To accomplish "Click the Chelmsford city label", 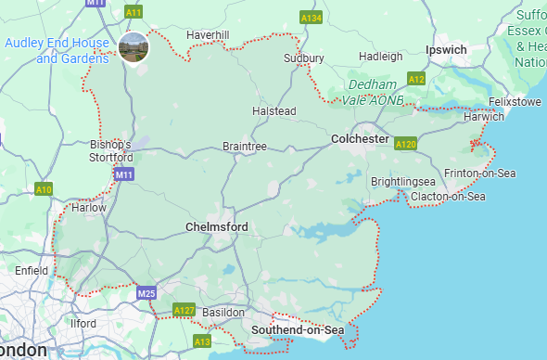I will (x=216, y=227).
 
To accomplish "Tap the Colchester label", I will (x=360, y=138).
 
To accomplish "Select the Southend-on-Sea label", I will (x=298, y=330).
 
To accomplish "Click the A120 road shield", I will (x=405, y=144).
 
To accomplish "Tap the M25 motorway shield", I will (x=146, y=293).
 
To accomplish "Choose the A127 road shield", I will (x=184, y=310).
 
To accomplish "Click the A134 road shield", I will (x=311, y=18).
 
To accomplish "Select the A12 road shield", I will (x=416, y=80).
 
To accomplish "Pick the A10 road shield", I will (x=44, y=189).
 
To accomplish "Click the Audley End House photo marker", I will (x=135, y=45).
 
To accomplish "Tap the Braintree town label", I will (x=245, y=147).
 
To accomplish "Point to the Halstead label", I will (x=273, y=111).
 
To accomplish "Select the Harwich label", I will (x=485, y=117).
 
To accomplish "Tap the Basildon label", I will (x=223, y=313).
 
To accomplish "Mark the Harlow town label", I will (x=89, y=208).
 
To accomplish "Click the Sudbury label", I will (x=304, y=58).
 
